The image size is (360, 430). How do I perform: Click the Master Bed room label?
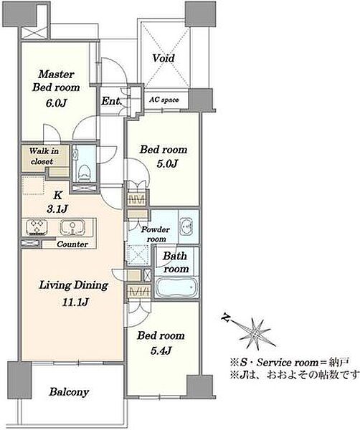coord(56,81)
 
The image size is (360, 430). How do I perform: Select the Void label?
coord(164,58)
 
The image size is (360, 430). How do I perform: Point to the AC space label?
coord(164,100)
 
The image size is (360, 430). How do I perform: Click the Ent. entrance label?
coord(111,101)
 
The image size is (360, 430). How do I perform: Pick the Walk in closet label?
coord(44,156)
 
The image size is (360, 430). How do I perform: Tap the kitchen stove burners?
coord(37,227)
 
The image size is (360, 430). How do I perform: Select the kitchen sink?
coord(72,227)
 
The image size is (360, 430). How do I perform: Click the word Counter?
coord(72,244)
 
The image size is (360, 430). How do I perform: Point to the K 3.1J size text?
coord(57,202)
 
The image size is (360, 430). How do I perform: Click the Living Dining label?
coord(74,285)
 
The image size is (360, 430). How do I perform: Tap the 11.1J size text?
coord(75,302)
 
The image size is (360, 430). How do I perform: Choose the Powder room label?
coord(156,234)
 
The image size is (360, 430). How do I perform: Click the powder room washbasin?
coord(186,226)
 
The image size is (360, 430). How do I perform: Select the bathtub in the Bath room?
coord(176,287)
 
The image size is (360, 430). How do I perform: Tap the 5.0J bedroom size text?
coord(167,163)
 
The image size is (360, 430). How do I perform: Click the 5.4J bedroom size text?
coord(161,350)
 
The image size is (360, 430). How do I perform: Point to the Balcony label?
coord(69,392)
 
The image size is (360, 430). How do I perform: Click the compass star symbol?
coord(255,334)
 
